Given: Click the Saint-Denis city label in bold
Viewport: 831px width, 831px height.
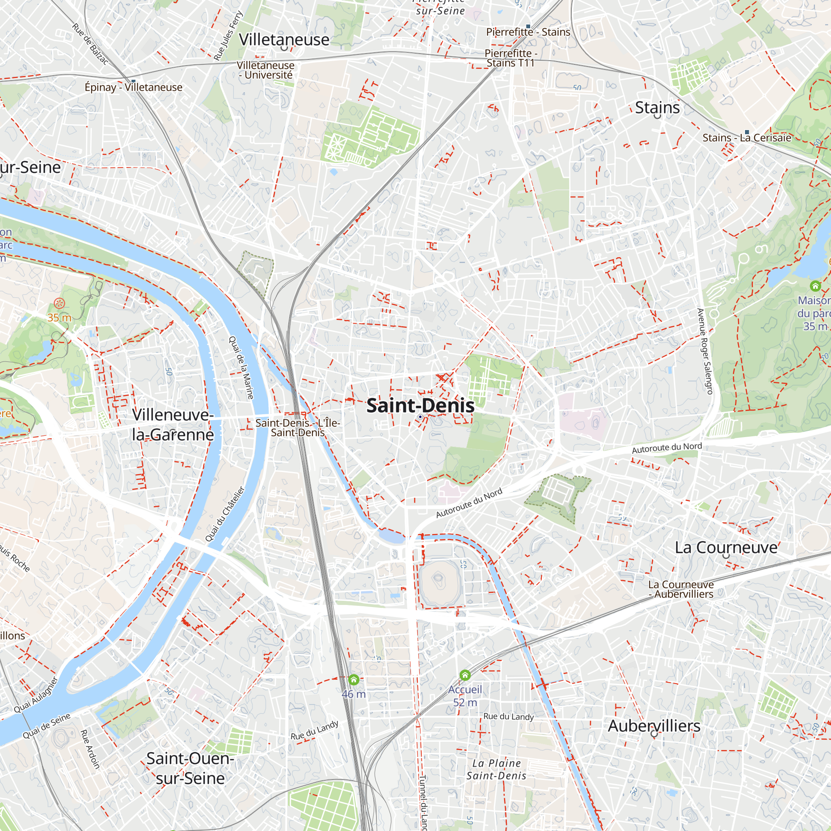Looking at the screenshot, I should tap(420, 406).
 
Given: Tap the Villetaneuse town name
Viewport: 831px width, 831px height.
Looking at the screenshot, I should tap(284, 39).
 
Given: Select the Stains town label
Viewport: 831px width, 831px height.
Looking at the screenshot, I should tap(657, 107).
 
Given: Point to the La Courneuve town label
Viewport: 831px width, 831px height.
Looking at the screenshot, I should tap(726, 548).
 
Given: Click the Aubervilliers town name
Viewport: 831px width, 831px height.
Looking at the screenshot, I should tap(654, 726).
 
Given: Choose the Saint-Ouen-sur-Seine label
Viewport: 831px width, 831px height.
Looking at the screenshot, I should tap(190, 768).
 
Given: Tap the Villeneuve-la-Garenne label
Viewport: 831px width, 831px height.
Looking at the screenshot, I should tap(172, 425).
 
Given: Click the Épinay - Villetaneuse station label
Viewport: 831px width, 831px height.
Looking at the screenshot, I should tap(133, 87).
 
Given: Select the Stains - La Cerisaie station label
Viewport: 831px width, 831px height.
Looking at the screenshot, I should tap(747, 138).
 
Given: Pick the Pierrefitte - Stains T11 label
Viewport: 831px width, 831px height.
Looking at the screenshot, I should tap(511, 58).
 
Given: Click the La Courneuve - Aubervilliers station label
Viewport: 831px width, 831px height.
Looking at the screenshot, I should tap(681, 589).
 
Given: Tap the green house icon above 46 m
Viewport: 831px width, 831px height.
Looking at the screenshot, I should tap(354, 680).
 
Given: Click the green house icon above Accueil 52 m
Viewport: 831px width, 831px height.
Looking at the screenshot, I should tap(465, 675).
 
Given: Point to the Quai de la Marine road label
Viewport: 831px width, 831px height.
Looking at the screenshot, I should tap(241, 368).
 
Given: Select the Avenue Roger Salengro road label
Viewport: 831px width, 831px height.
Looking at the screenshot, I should tap(705, 352).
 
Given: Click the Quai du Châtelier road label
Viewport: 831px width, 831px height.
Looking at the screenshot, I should tap(224, 514).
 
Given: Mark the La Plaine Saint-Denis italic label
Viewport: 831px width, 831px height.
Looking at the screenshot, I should tap(497, 770).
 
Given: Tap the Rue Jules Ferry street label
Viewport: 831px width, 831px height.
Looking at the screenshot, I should tap(229, 36).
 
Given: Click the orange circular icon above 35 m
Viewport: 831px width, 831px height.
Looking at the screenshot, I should tap(59, 304).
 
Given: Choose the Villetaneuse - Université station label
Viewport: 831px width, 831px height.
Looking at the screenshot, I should tap(266, 70).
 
